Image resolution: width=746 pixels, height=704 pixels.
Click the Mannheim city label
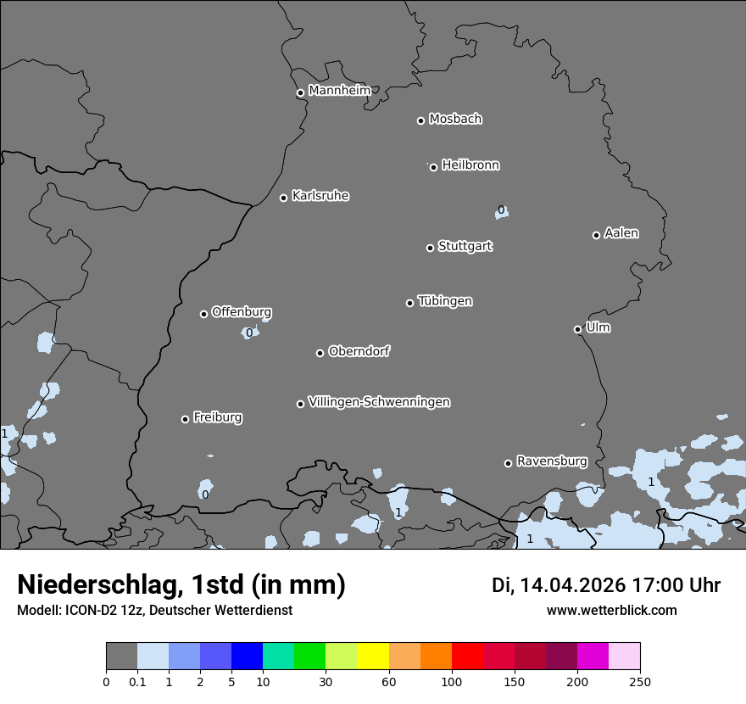coord(339,91)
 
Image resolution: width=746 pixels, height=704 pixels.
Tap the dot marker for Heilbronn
coord(433,167)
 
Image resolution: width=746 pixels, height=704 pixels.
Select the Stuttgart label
coord(465,247)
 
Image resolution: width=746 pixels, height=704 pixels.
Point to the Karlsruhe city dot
coord(283,198)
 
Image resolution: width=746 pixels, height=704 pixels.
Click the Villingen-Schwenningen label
coord(379,402)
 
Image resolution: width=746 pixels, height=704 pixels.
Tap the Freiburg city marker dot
coord(185,419)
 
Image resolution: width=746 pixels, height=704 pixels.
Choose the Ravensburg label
coord(551,461)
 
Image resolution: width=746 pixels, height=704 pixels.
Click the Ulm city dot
coord(577,329)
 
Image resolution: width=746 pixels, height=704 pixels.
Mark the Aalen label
coord(621,233)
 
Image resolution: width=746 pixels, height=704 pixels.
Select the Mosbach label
coord(455,120)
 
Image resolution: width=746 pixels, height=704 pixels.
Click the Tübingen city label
coord(445,301)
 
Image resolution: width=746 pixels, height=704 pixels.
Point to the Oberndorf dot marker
coord(320,353)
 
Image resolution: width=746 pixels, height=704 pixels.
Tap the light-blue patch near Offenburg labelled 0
coord(249,332)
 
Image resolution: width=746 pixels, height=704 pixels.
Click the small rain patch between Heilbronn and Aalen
coord(502,210)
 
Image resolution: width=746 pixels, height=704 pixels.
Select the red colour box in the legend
coord(466,657)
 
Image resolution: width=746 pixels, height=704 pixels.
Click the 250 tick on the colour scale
coord(640,681)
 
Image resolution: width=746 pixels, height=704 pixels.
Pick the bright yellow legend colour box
coord(372,657)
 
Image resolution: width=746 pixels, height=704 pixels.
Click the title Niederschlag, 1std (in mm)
coord(181,585)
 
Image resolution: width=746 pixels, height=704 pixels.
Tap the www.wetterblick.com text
coord(611,611)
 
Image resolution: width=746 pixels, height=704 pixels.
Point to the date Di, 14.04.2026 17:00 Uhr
coord(606,585)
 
